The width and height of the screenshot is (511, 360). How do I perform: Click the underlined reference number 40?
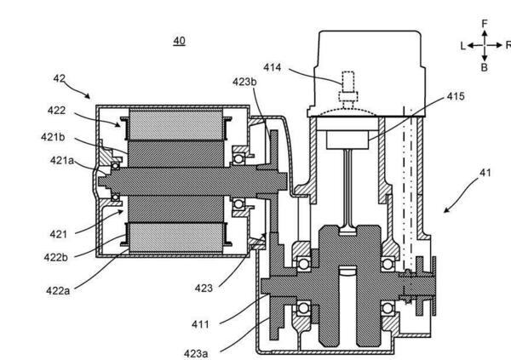pyautogui.click(x=179, y=41)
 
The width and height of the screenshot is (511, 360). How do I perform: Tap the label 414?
pyautogui.click(x=273, y=67)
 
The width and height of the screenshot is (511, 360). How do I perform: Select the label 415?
pyautogui.click(x=456, y=96)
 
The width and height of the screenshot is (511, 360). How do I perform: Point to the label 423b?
pyautogui.click(x=244, y=82)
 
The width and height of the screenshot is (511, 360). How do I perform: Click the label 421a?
pyautogui.click(x=62, y=161)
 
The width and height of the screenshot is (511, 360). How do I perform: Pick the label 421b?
pyautogui.click(x=53, y=137)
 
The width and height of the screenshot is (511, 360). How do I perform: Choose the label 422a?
pyautogui.click(x=58, y=290)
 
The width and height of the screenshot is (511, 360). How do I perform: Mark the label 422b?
pyautogui.click(x=56, y=257)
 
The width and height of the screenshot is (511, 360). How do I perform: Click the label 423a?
pyautogui.click(x=196, y=353)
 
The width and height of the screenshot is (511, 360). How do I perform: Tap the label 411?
pyautogui.click(x=200, y=324)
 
